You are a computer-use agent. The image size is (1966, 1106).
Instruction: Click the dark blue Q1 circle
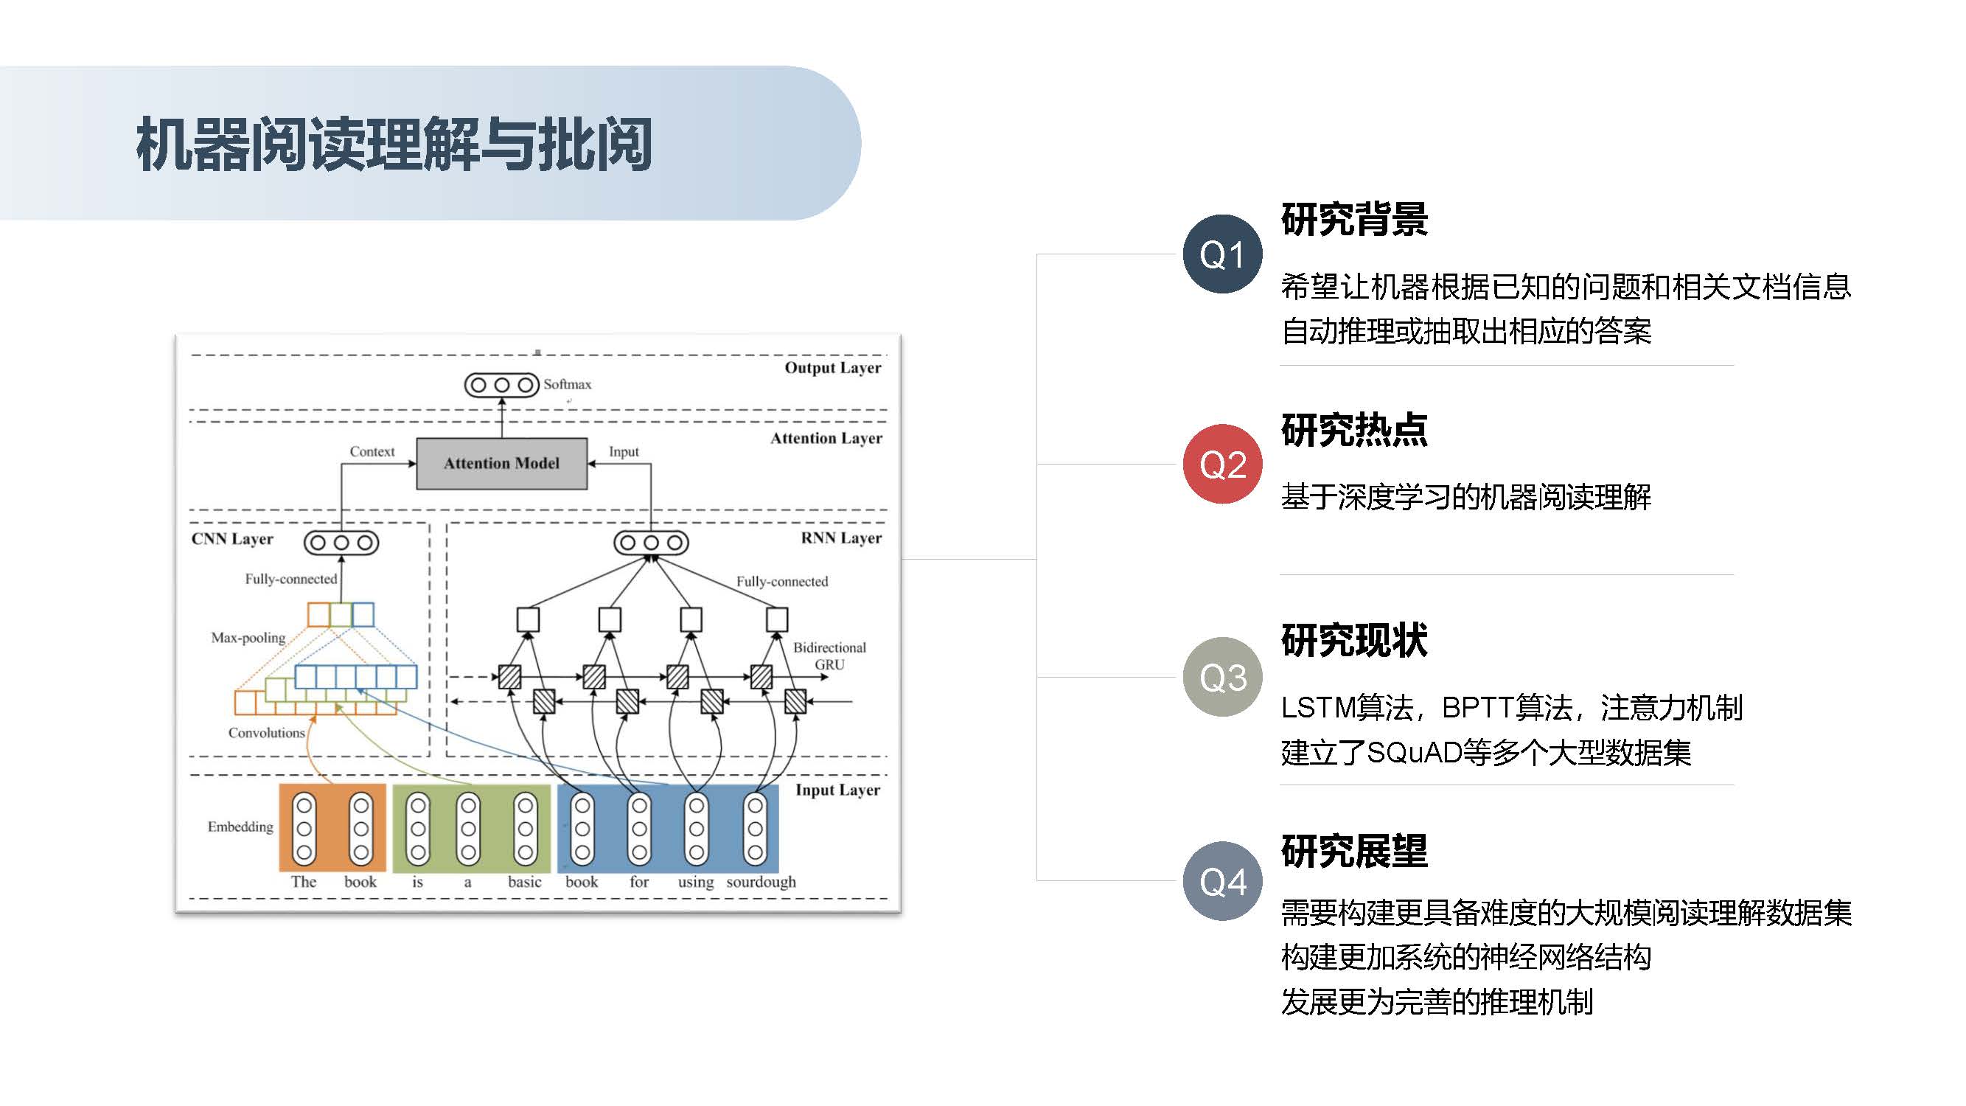coord(1222,254)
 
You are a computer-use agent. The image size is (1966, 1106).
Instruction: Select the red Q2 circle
coord(1222,464)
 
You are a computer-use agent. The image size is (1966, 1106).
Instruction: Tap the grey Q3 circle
coord(1222,677)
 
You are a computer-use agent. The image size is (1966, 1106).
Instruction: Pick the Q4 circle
coord(1222,882)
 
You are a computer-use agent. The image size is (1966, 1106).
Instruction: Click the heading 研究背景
coord(1354,220)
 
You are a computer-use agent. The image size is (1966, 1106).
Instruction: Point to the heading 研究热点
coord(1354,430)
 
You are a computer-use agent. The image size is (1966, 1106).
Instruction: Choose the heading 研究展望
coord(1354,851)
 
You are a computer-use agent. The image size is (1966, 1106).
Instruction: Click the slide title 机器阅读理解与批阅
coord(394,145)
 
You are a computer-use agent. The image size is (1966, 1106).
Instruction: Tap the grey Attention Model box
coord(501,463)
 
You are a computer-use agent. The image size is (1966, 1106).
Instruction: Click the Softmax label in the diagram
coord(567,384)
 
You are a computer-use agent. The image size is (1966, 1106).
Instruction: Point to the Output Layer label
coord(833,368)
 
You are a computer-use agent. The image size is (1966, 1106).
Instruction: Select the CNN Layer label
coord(232,539)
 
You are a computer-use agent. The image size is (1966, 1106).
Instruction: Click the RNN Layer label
coord(841,538)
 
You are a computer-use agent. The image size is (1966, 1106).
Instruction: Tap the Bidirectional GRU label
coord(829,655)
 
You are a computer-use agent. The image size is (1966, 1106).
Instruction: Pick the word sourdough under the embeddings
coord(761,882)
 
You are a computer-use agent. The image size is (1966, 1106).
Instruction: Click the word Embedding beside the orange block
coord(240,827)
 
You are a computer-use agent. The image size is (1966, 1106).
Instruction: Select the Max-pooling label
coord(248,637)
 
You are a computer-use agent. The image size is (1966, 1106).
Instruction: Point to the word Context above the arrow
coord(372,451)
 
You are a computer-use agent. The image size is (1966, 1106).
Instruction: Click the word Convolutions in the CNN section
coord(266,733)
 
